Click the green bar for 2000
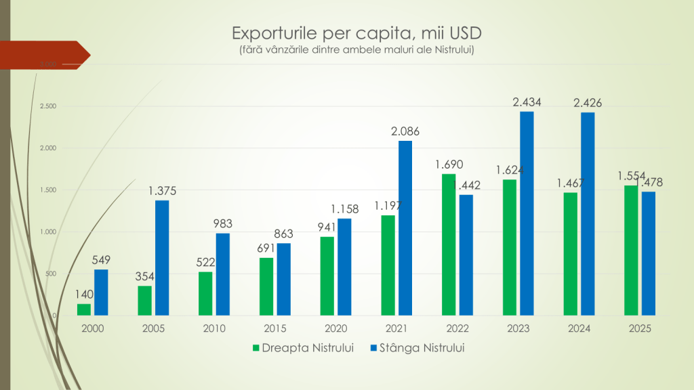(x=84, y=309)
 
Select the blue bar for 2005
(x=162, y=258)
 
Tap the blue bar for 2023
(x=527, y=213)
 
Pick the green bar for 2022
(x=449, y=244)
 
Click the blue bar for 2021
(x=405, y=228)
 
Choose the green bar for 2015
(x=266, y=286)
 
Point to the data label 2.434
(x=527, y=102)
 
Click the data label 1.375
(x=162, y=192)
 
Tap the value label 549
(x=101, y=261)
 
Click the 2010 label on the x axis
(x=214, y=328)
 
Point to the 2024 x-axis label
(x=579, y=328)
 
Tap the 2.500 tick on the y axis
(x=47, y=106)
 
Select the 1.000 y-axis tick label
(x=47, y=232)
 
